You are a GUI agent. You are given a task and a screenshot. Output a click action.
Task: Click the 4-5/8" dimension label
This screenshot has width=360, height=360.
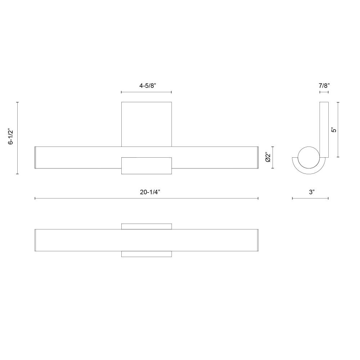(148, 86)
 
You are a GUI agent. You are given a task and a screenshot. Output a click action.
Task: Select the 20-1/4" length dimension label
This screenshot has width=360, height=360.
(150, 192)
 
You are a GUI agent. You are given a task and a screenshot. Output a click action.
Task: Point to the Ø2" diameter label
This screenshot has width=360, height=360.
(268, 157)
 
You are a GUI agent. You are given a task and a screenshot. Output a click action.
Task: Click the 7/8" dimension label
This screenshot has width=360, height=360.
(324, 86)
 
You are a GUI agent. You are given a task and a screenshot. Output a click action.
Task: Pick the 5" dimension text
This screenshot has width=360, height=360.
(334, 130)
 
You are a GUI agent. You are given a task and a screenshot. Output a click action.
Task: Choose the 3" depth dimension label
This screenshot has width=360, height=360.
(311, 192)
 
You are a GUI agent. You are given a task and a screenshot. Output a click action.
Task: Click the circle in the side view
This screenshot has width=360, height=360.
(309, 158)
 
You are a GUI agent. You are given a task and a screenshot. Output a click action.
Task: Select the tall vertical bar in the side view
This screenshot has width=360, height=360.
(324, 130)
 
